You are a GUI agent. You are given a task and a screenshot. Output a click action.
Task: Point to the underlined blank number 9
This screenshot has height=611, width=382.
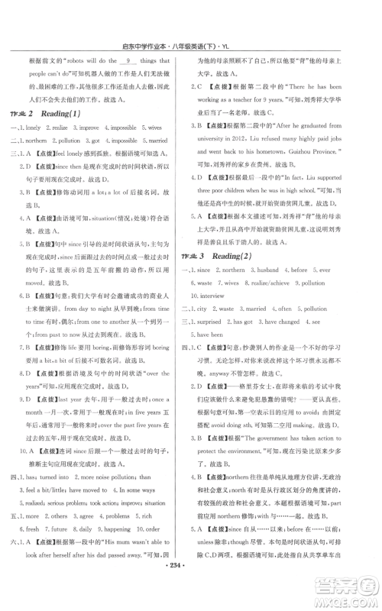[x=131, y=59]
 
